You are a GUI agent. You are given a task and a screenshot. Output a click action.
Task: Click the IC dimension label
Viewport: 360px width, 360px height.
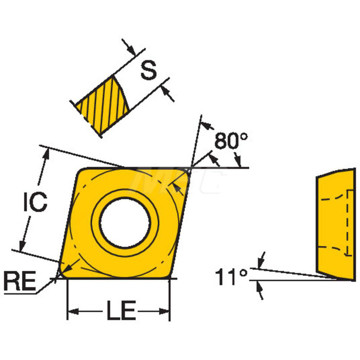[x=35, y=202]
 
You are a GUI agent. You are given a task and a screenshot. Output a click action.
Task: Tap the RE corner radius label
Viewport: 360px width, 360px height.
[x=20, y=282]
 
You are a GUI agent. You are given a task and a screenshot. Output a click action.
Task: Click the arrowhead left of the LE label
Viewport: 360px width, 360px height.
[x=72, y=311]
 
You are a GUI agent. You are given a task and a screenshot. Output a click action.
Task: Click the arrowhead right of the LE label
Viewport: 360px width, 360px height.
[x=165, y=311]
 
